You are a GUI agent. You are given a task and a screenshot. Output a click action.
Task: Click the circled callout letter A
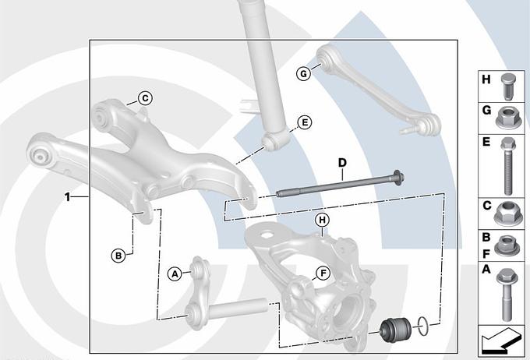pos(175,274)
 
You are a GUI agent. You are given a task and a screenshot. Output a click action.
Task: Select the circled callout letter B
pos(118,256)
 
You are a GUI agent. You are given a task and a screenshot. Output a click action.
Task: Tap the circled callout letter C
pos(145,98)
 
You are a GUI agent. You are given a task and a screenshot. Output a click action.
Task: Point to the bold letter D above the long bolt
pos(342,163)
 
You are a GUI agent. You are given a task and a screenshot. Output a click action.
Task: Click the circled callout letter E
pos(305,122)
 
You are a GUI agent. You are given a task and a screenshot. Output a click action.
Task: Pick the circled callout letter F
pos(323,274)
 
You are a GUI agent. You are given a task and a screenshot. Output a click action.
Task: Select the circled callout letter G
pos(303,73)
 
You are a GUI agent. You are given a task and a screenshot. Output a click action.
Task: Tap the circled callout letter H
pos(322,220)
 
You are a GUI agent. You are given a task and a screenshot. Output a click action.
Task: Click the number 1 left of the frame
pos(68,196)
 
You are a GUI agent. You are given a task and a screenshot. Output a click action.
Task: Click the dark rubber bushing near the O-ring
pos(396,330)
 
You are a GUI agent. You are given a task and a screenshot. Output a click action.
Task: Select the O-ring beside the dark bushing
pos(423,326)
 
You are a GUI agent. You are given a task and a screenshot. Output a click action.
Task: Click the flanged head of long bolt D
pos(397,178)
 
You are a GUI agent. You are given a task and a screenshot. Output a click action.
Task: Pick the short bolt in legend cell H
pos(507,86)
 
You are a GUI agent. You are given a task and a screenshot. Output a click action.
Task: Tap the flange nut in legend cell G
pos(508,118)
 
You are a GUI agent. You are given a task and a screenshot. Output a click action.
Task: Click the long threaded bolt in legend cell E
pos(508,166)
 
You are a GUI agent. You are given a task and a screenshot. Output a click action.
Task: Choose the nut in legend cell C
pos(507,214)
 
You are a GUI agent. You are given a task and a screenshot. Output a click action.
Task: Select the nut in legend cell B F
pos(507,245)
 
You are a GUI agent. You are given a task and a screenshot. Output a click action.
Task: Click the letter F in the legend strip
pos(486,253)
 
